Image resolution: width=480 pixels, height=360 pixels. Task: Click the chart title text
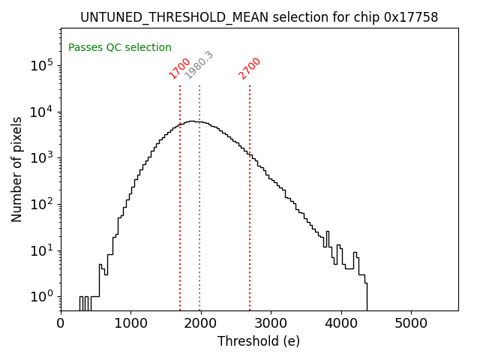(x=259, y=17)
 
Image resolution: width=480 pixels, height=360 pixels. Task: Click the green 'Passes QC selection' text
(x=120, y=47)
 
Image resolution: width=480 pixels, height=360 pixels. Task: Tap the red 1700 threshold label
(x=180, y=68)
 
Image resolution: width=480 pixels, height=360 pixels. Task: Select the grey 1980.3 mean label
(x=199, y=65)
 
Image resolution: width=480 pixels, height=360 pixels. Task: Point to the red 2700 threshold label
(x=250, y=68)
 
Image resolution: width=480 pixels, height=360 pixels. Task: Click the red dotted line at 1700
(x=180, y=210)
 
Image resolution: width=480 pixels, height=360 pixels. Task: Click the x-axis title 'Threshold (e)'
(x=259, y=341)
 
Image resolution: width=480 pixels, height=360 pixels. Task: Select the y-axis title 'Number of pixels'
(x=17, y=169)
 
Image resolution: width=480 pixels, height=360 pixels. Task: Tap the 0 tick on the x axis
(x=61, y=323)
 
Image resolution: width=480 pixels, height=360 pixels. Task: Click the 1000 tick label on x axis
(x=130, y=323)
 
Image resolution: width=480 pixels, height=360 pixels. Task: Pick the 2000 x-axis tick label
(x=201, y=323)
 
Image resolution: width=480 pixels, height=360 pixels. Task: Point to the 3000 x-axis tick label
(x=271, y=323)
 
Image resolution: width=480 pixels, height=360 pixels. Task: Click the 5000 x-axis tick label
(x=411, y=323)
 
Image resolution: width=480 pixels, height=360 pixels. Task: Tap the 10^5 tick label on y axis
(x=42, y=65)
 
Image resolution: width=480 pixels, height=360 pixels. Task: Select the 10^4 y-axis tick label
(x=42, y=112)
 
